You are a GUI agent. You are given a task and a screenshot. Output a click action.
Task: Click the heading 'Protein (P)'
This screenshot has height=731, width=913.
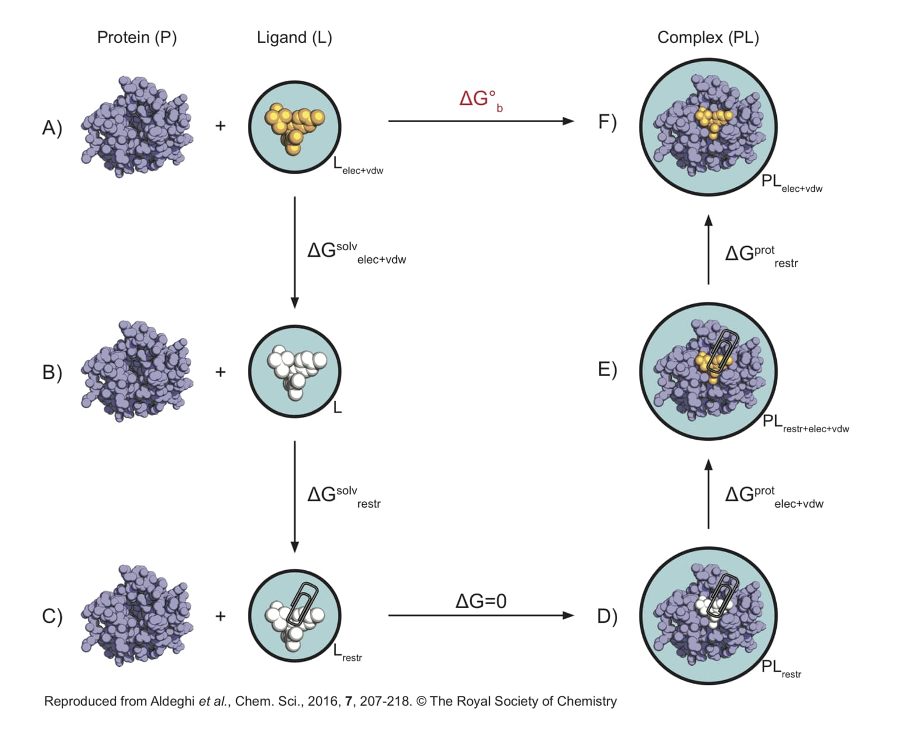pos(137,38)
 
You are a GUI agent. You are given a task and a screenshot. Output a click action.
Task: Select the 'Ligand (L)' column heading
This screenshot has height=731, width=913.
pos(295,38)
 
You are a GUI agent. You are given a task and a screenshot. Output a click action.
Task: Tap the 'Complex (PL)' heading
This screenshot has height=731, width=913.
pos(708,38)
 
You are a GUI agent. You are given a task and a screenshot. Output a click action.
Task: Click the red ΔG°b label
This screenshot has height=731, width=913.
pos(481,100)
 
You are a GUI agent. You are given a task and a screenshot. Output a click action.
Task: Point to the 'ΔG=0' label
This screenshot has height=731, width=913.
pos(481,601)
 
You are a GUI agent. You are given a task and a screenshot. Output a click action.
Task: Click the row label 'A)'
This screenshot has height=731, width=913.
pos(52,127)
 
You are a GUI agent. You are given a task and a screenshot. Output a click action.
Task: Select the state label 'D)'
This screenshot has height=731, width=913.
pos(607,616)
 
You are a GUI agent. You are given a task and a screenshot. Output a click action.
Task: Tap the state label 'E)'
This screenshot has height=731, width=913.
pos(607,370)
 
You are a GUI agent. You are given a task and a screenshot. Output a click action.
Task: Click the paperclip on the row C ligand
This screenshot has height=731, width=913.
pos(303,604)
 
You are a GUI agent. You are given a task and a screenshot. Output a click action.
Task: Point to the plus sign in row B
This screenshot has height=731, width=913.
pos(220,372)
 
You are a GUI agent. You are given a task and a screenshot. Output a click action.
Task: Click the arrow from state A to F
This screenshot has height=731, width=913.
pos(481,122)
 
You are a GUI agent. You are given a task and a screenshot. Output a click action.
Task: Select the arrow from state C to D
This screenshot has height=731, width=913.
pos(481,616)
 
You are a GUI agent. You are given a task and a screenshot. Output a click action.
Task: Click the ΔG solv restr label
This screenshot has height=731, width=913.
pos(344,496)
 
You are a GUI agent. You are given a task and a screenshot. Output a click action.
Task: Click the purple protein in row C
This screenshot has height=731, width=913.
pos(137,616)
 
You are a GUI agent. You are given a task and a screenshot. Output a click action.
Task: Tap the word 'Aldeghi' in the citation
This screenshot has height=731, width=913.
pos(172,701)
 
